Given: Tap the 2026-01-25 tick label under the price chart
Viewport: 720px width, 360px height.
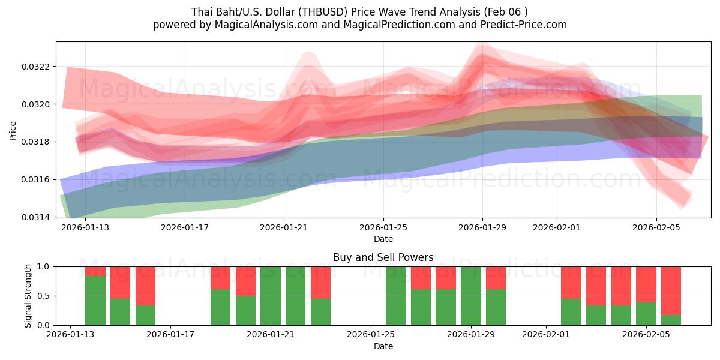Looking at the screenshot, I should [383, 228].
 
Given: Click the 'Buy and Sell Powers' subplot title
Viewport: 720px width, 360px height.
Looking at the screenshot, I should [383, 257].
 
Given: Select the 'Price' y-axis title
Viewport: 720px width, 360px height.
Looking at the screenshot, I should [13, 130].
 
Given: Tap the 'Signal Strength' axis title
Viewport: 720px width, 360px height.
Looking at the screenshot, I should [28, 296].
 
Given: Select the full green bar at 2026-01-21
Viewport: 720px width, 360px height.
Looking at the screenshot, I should [271, 296].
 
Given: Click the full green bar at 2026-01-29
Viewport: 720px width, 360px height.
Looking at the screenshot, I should [471, 296].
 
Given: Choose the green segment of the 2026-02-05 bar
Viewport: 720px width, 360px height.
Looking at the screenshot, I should [646, 314].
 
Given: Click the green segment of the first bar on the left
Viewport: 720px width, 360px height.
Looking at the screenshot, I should [95, 301].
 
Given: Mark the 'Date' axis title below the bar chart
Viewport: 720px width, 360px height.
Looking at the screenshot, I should [383, 346].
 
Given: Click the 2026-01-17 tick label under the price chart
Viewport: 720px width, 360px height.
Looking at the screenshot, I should [185, 228].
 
